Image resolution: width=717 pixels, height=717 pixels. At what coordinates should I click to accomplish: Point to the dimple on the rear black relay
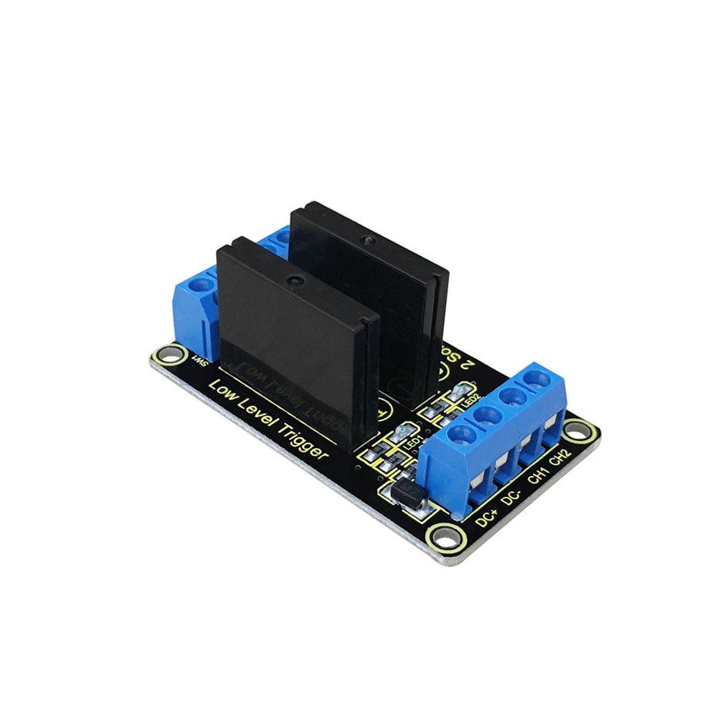pos(366,239)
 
